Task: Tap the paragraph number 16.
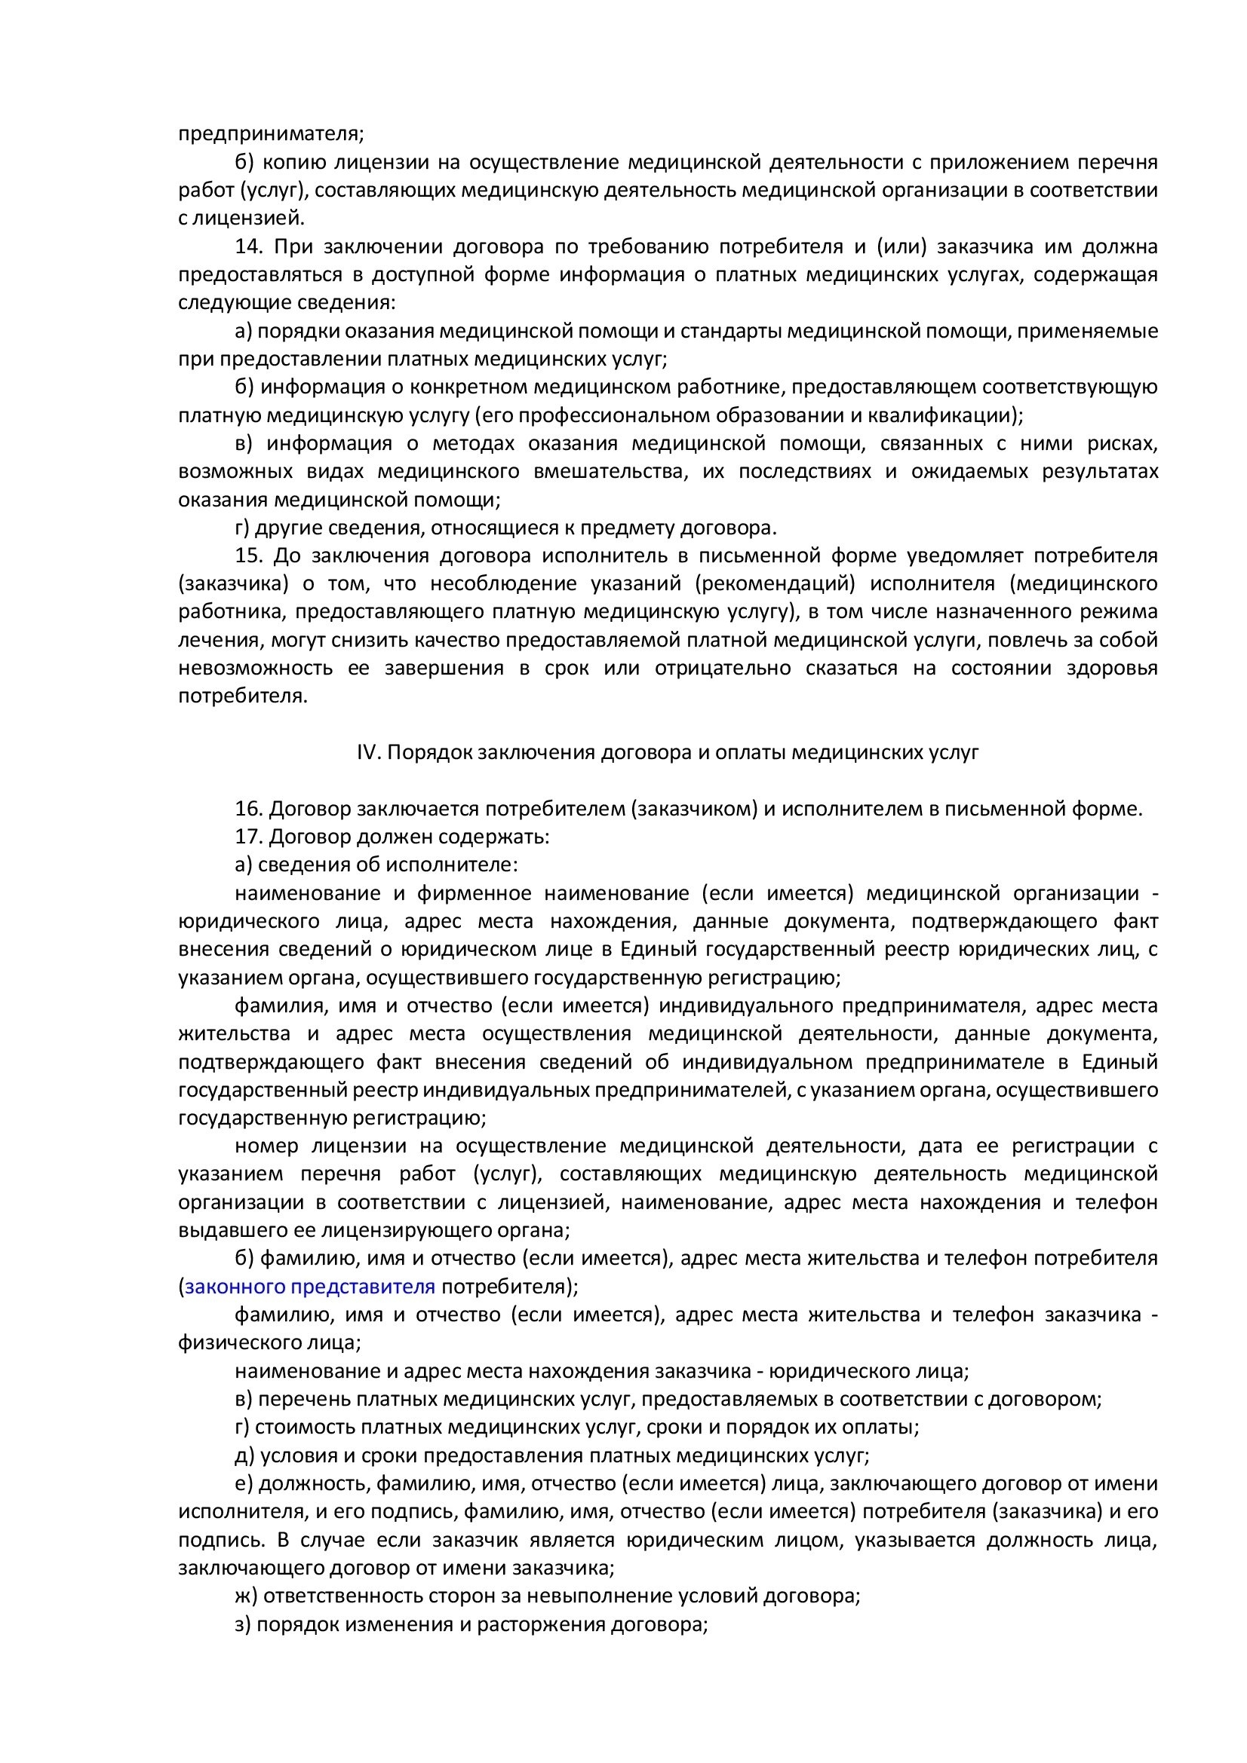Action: (250, 809)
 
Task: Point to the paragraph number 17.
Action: (250, 836)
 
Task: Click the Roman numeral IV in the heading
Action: (368, 752)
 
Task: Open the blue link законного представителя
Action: (309, 1286)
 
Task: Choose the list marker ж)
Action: (246, 1596)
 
